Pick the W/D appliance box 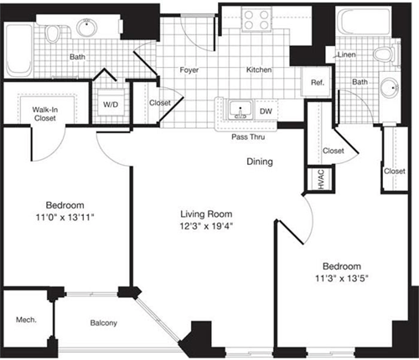(x=111, y=105)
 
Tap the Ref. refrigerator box (x=318, y=82)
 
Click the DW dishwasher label (x=266, y=110)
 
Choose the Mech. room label (x=25, y=319)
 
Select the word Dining (x=259, y=162)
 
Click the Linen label (x=346, y=55)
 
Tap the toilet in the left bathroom (x=56, y=33)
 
